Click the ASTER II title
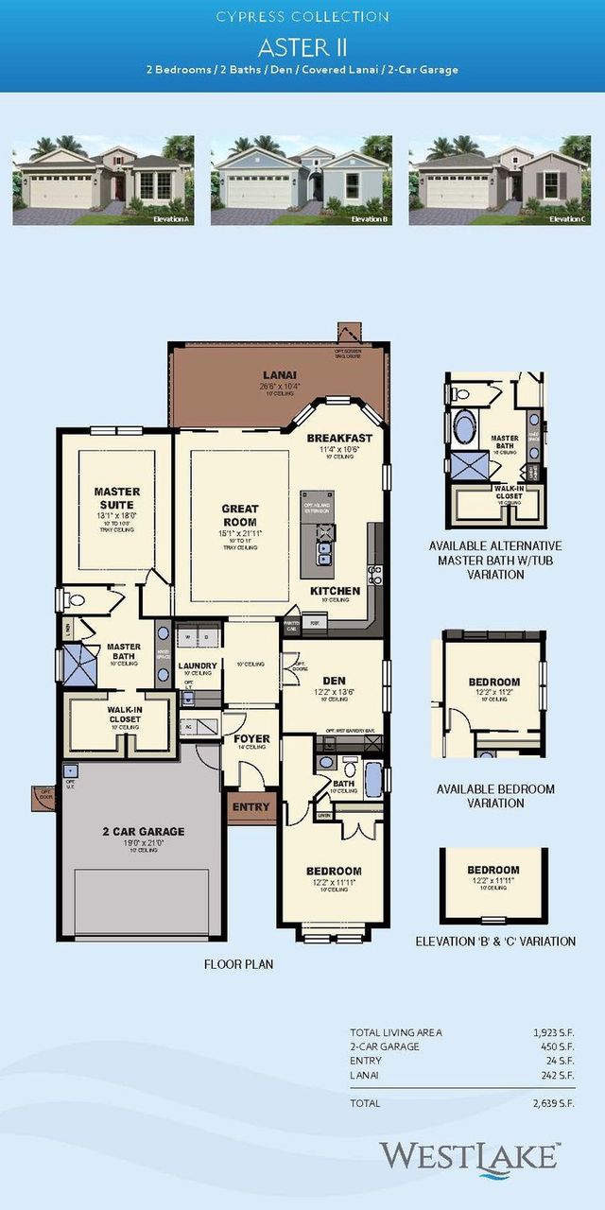[302, 46]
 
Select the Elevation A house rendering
[103, 180]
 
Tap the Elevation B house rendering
[302, 180]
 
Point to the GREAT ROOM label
[240, 515]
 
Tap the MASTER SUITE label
[117, 498]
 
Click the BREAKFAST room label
[339, 439]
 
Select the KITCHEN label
[335, 591]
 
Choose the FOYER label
[251, 739]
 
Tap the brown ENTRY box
[251, 807]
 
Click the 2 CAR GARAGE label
[144, 832]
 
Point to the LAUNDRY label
[199, 665]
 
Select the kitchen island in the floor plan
[318, 534]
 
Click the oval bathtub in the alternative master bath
[465, 426]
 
